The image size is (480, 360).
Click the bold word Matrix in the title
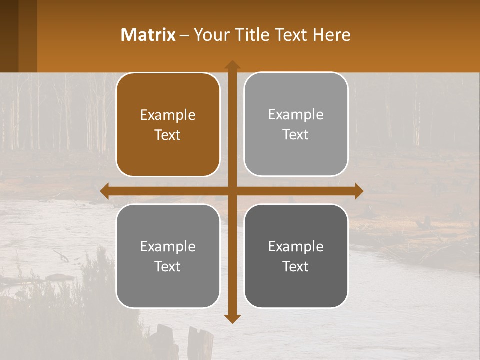pyautogui.click(x=148, y=35)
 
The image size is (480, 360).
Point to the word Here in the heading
pyautogui.click(x=332, y=35)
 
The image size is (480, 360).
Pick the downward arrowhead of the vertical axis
pyautogui.click(x=232, y=318)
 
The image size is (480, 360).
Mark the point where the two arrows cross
pyautogui.click(x=232, y=191)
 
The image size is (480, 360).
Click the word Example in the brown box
pyautogui.click(x=168, y=115)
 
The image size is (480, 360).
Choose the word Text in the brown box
pyautogui.click(x=168, y=135)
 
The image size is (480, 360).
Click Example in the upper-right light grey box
pyautogui.click(x=296, y=115)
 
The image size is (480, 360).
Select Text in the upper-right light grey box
pyautogui.click(x=296, y=135)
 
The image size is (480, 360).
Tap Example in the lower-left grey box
pyautogui.click(x=168, y=247)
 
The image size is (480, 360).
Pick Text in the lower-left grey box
pyautogui.click(x=168, y=267)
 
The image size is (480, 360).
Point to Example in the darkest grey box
pyautogui.click(x=296, y=247)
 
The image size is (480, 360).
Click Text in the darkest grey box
pyautogui.click(x=296, y=267)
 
